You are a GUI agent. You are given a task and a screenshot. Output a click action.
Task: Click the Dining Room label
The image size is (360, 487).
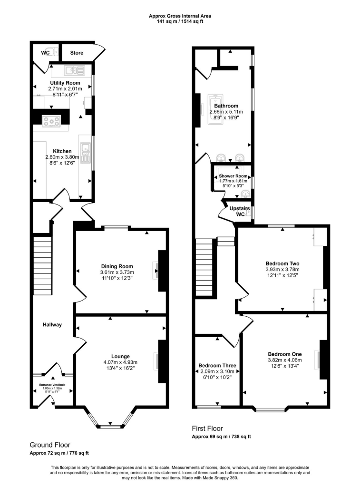coord(117,266)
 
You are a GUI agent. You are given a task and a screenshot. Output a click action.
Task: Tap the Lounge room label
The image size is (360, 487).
coord(121,356)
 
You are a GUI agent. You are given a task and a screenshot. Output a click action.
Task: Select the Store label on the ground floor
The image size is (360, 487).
coord(77,53)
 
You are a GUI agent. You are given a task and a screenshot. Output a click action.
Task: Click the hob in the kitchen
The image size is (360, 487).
coord(50,121)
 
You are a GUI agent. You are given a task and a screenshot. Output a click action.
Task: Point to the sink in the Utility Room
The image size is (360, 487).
coord(74,71)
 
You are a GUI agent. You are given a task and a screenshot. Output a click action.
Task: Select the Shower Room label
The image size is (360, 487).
coord(234,176)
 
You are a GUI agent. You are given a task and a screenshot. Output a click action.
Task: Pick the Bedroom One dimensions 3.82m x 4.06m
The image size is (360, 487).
coord(284,360)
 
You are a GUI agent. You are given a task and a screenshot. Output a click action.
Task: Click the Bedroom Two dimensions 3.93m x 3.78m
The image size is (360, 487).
coord(282,269)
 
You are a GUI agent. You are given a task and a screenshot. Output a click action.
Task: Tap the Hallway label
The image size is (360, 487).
coord(51,325)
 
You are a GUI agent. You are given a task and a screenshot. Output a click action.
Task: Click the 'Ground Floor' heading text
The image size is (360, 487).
coord(48,445)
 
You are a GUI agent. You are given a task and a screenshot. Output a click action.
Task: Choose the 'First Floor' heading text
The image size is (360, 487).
coord(207,429)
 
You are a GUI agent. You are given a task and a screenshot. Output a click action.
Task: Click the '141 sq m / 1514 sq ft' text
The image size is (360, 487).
coord(180,21)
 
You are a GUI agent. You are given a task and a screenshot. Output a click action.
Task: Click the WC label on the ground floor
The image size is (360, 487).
coord(46,52)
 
